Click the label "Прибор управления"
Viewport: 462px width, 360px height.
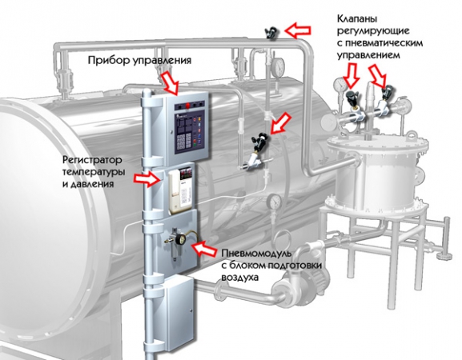(x=139, y=61)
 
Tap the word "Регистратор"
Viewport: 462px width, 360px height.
(x=92, y=160)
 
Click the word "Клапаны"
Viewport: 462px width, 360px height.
(x=357, y=19)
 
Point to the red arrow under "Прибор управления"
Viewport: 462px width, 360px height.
(x=169, y=82)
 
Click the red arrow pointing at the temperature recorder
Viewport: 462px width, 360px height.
(x=147, y=178)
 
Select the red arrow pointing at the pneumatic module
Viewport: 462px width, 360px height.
(x=203, y=249)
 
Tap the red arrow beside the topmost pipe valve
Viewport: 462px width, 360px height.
(x=298, y=30)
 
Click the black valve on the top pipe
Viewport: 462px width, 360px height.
(x=271, y=32)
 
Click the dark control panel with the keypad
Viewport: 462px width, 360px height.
(x=188, y=130)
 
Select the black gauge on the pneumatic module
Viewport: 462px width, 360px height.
(x=179, y=240)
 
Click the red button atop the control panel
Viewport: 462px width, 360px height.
(x=187, y=105)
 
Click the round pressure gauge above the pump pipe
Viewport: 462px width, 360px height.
(x=274, y=202)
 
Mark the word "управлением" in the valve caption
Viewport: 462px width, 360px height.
(x=368, y=55)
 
